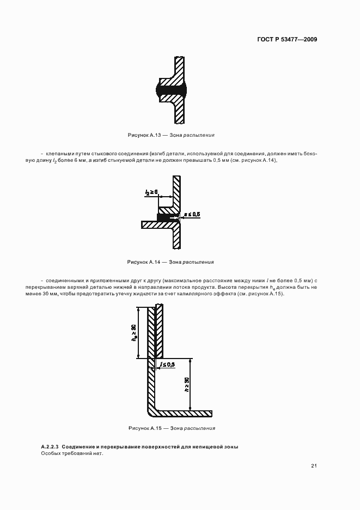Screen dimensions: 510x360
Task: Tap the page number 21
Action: [x=314, y=466]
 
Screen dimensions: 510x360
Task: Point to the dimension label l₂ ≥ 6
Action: [x=152, y=192]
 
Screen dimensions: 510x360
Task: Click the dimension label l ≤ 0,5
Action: [x=165, y=364]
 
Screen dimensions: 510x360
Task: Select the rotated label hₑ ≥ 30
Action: [x=133, y=333]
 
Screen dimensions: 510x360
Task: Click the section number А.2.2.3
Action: [x=52, y=447]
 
